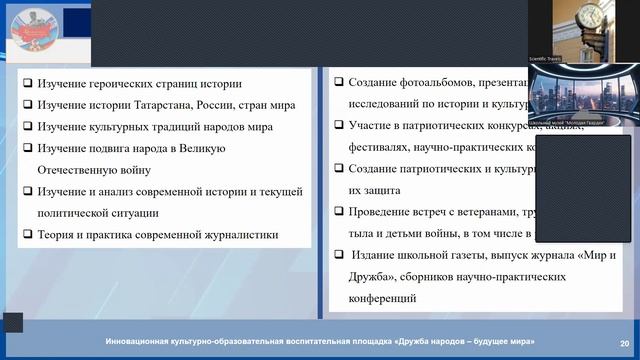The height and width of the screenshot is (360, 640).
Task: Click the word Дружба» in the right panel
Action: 375,277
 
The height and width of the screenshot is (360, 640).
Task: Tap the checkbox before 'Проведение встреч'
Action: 339,212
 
